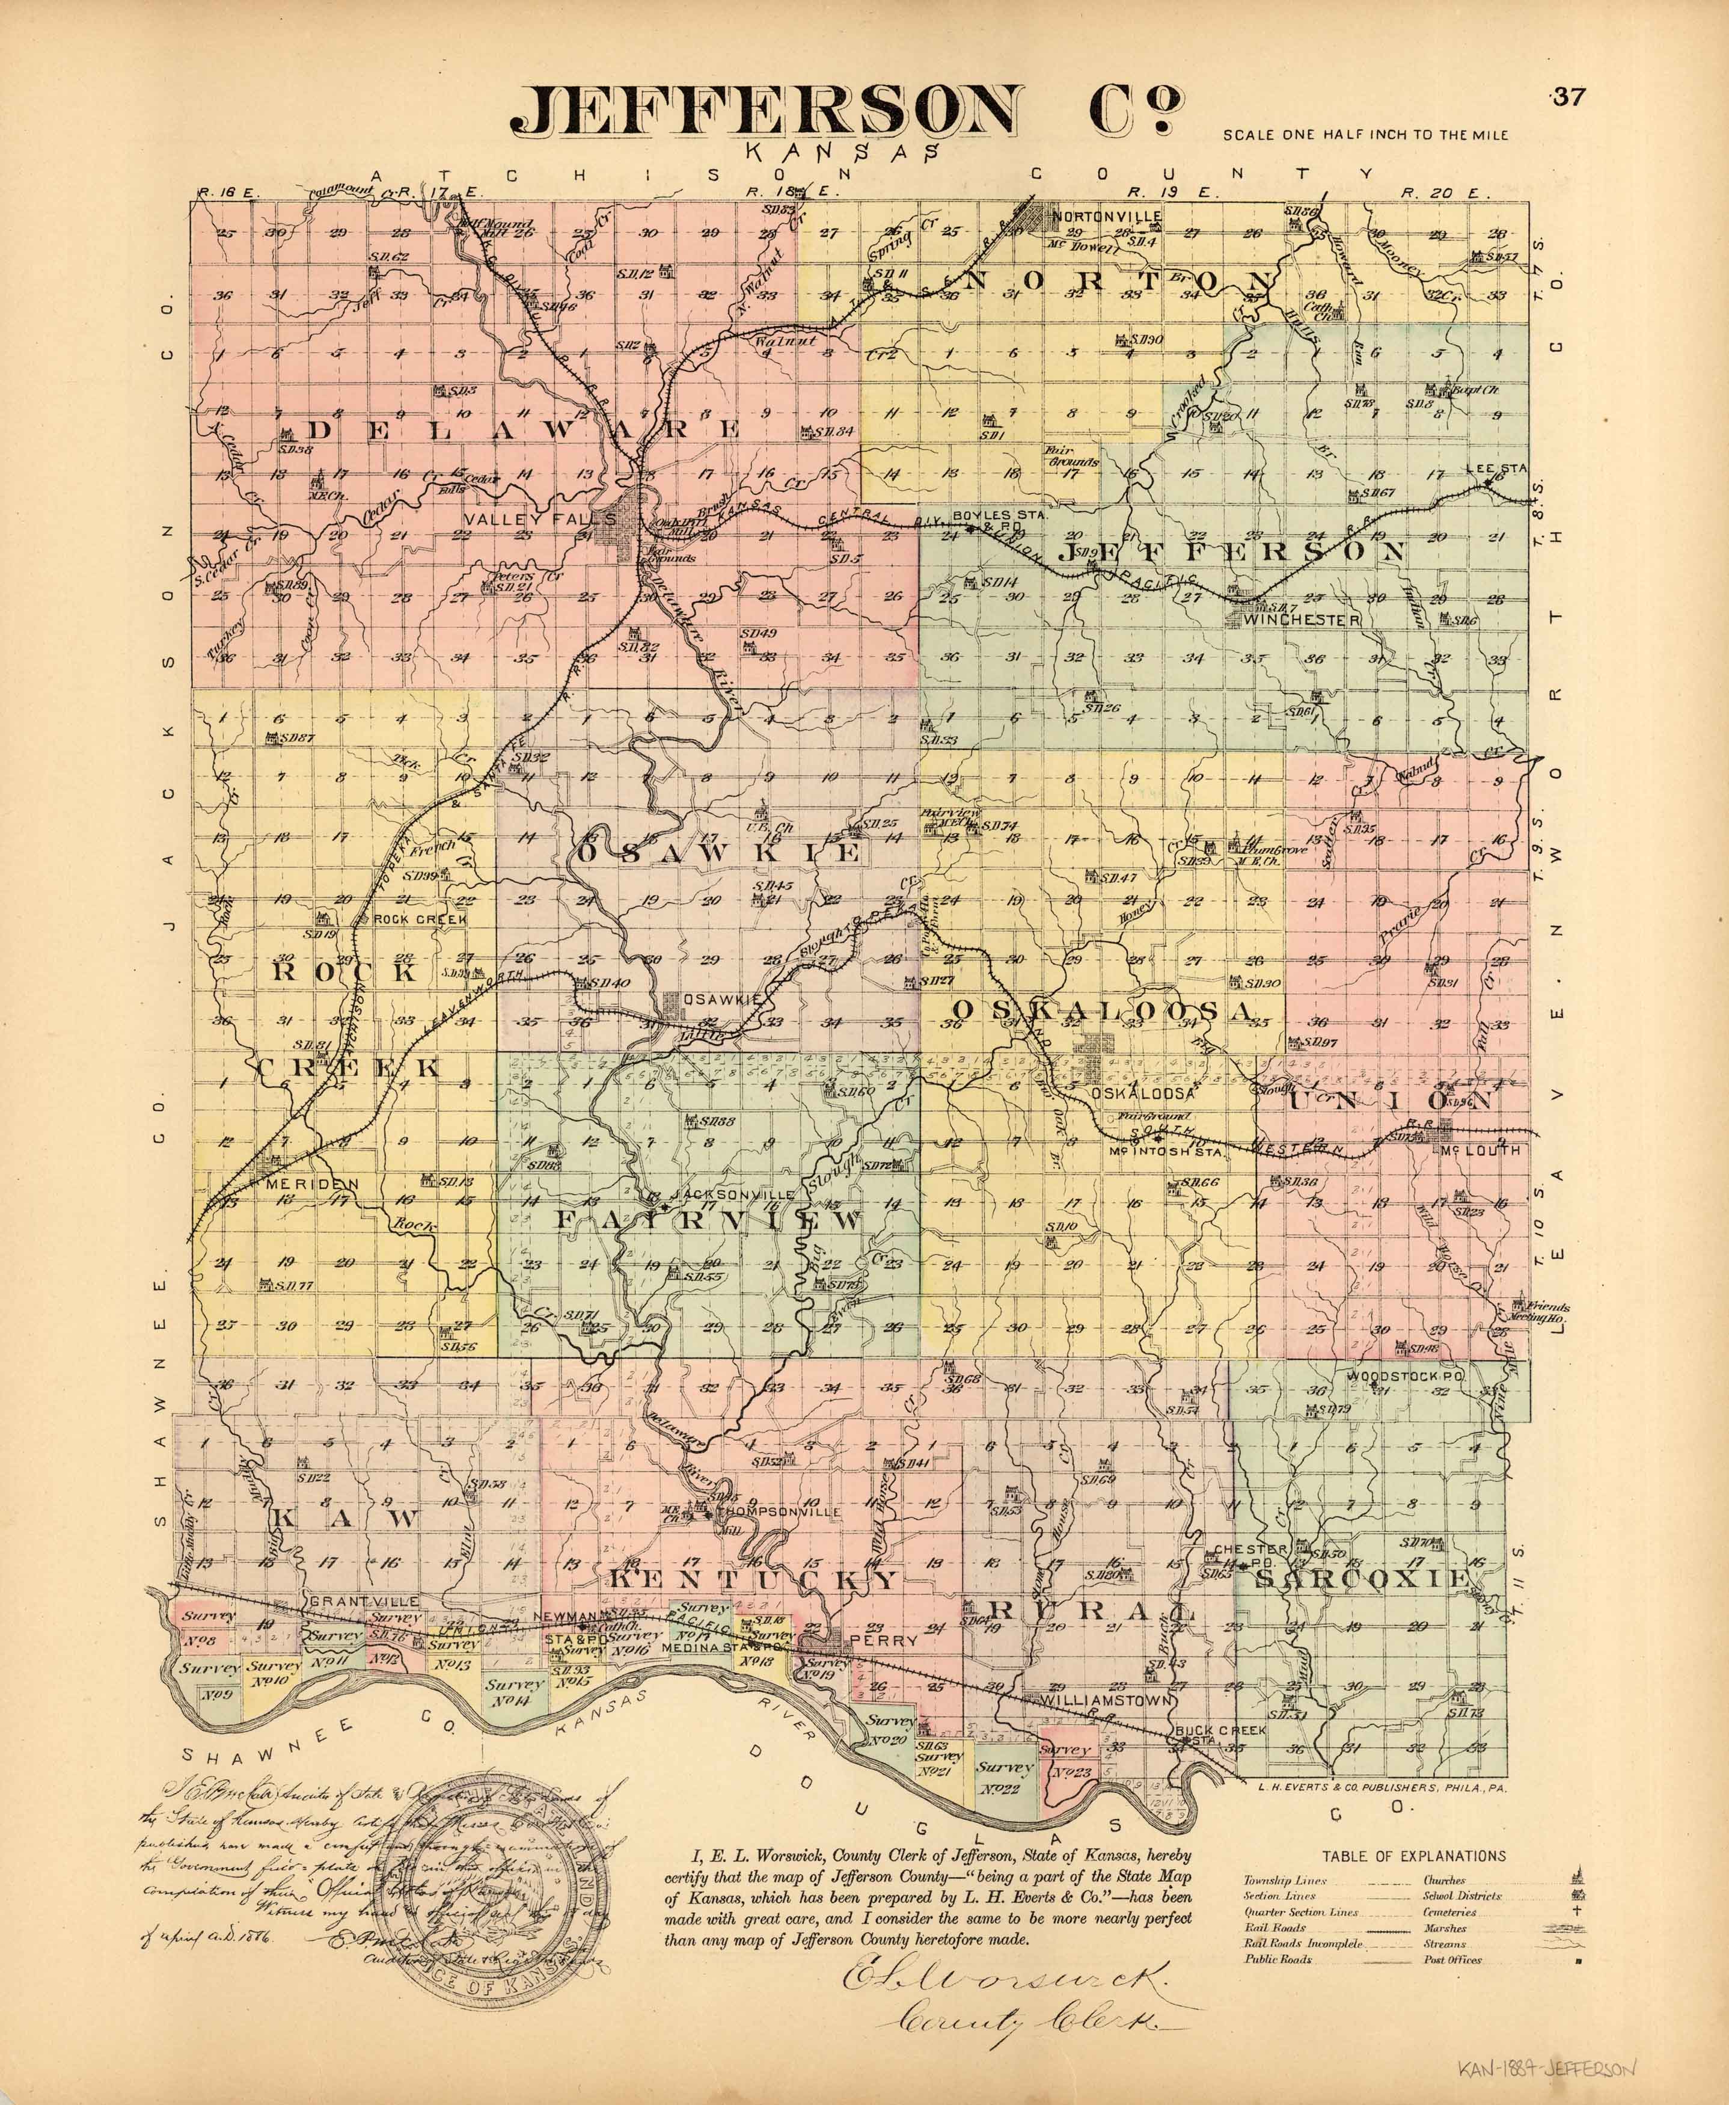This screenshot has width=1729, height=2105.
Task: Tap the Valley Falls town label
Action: [515, 519]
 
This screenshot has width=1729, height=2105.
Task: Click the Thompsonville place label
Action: [779, 1511]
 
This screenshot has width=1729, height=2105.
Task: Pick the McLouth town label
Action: [1479, 1150]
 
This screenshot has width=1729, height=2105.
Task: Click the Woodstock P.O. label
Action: [1409, 1377]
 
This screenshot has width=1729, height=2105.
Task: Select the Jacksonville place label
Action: [732, 1193]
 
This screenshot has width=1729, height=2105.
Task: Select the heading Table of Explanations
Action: [1413, 1856]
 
